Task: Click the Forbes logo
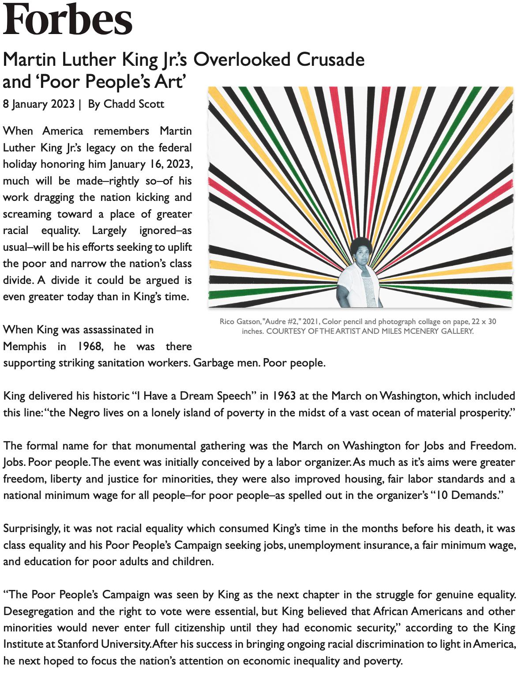[x=68, y=19]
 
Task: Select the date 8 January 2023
[x=39, y=104]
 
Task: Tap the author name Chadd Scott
[x=134, y=104]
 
